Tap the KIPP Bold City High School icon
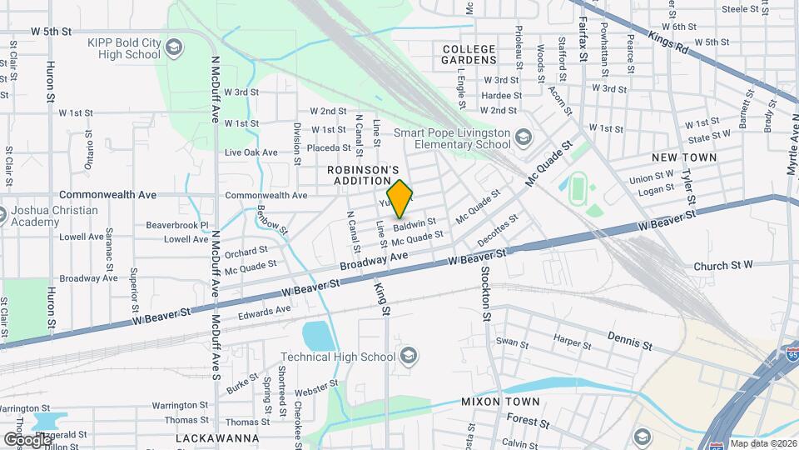(174, 44)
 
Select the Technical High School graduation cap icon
(408, 357)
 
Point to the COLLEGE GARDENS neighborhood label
(469, 54)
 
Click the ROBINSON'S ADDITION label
(359, 174)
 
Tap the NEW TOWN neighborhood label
(684, 157)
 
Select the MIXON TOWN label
(500, 402)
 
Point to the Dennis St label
(630, 341)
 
